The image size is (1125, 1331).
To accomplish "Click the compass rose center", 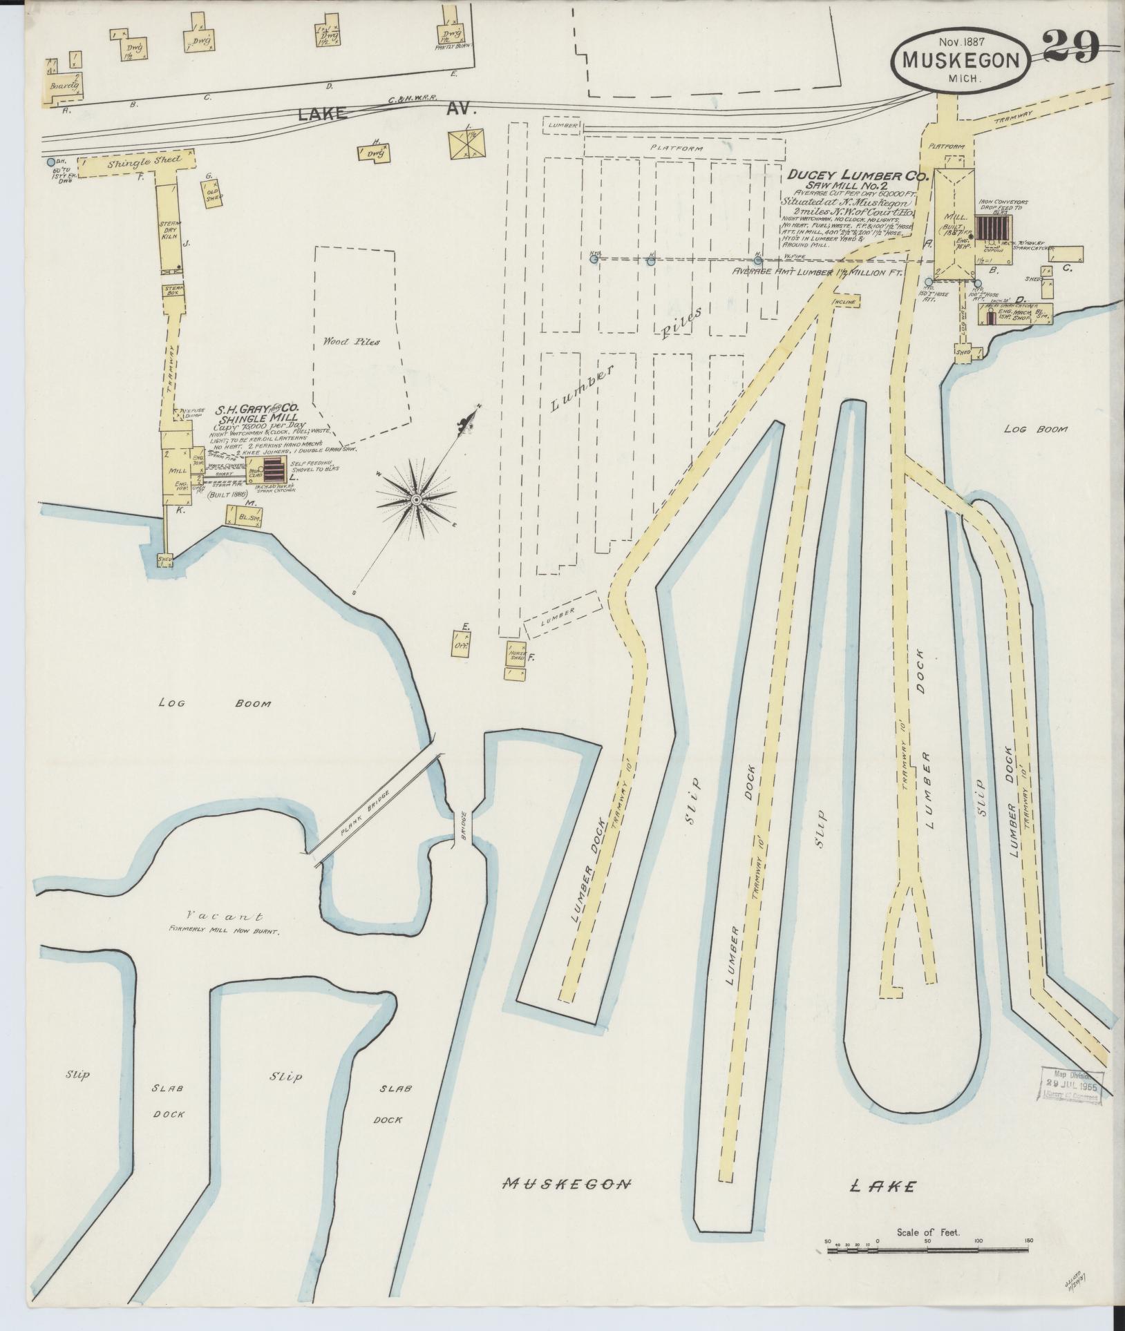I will click(416, 499).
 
